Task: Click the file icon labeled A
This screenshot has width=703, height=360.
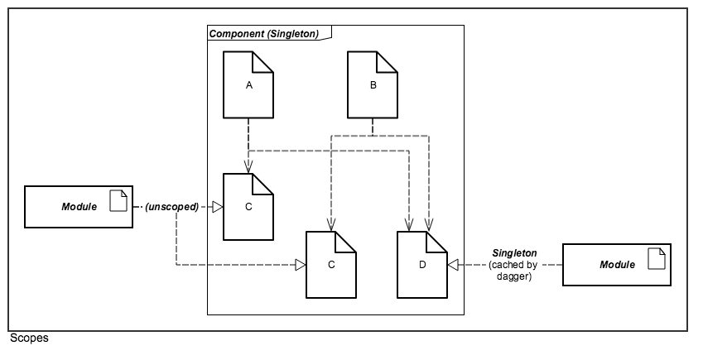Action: (x=248, y=84)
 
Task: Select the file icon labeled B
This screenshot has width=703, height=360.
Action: (x=372, y=84)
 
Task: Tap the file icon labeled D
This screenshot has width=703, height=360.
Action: (x=421, y=265)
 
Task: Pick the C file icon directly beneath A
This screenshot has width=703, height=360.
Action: (x=248, y=207)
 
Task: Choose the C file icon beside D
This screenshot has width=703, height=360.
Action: (x=330, y=265)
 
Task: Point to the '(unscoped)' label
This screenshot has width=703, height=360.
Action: (x=172, y=207)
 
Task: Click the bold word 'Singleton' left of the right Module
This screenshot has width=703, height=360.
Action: (x=514, y=252)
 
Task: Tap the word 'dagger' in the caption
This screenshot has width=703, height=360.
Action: (x=514, y=276)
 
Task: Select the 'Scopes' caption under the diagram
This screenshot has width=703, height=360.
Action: (x=29, y=338)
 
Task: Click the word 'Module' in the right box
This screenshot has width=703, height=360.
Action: (x=617, y=265)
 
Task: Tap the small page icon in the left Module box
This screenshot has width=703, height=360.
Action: (x=118, y=200)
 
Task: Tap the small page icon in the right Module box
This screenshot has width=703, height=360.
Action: (x=657, y=258)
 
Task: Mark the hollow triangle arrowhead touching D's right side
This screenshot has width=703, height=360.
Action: (x=452, y=265)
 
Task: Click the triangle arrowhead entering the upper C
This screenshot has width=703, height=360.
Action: (x=219, y=207)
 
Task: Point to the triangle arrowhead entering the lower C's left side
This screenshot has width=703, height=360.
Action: (x=301, y=265)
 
